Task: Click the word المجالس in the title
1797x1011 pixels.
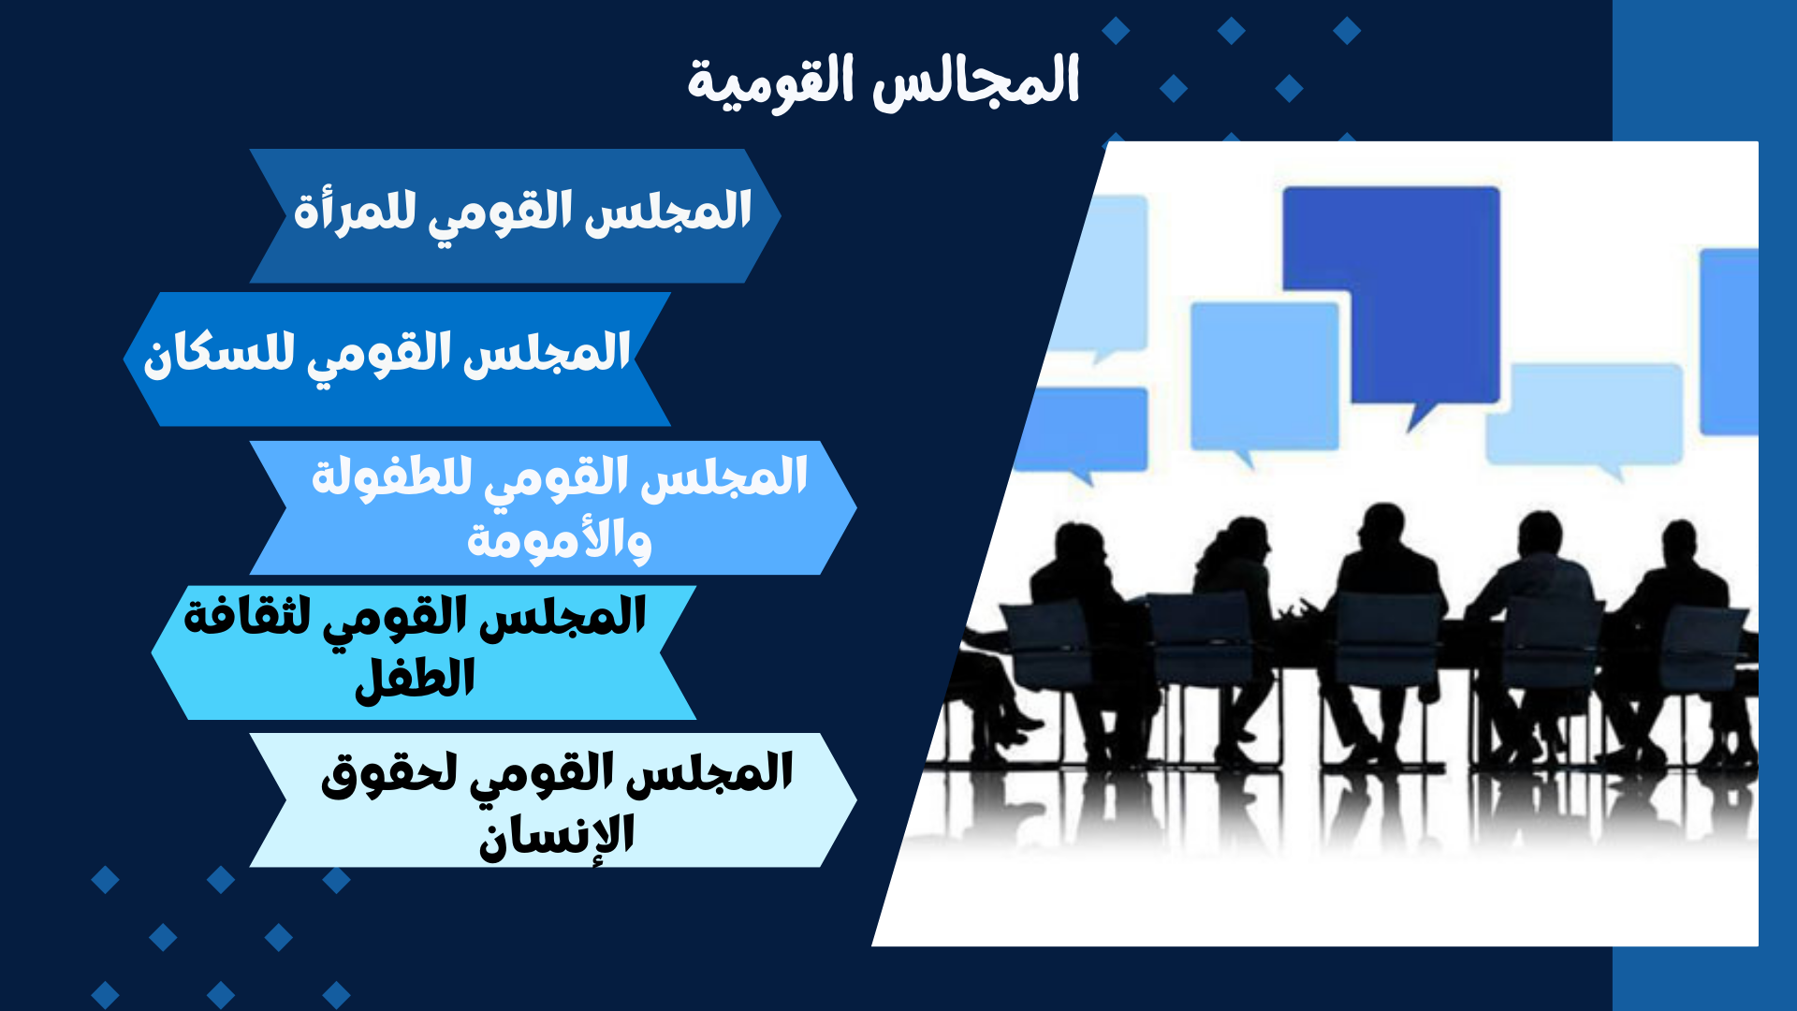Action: click(x=976, y=81)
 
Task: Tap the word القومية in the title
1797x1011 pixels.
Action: click(x=770, y=82)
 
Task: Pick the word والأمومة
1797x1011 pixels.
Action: click(x=559, y=540)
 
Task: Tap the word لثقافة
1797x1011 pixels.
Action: click(x=247, y=617)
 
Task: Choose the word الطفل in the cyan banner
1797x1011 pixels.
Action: click(x=415, y=678)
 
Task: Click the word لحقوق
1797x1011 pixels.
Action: click(x=389, y=775)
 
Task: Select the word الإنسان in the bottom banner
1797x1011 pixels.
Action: click(x=557, y=835)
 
